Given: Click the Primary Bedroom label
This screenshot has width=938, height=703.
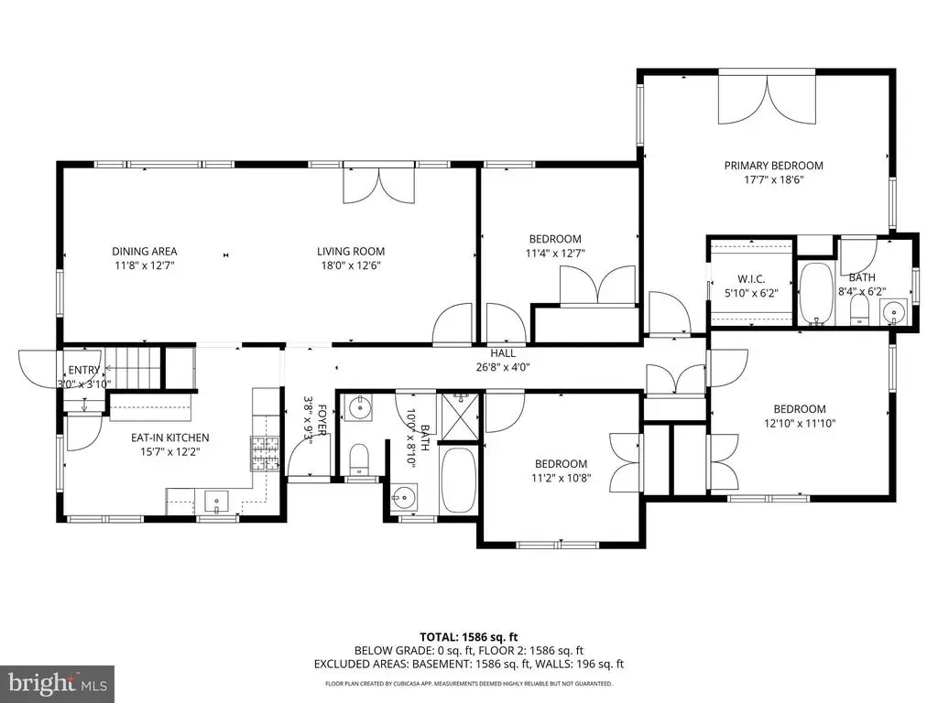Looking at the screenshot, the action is (773, 166).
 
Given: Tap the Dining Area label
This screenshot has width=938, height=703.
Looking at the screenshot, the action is (145, 252).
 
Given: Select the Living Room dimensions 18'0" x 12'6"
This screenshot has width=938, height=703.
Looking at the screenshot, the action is (351, 265).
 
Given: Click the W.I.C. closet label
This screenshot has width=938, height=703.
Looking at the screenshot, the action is (751, 279).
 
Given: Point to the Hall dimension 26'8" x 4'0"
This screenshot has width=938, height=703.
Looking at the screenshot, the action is (503, 367).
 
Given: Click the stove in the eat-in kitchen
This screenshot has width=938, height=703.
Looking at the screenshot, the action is (265, 453).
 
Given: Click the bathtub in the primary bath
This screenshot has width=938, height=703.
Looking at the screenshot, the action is (816, 294).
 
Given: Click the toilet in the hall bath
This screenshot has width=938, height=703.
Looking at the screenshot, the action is (359, 460).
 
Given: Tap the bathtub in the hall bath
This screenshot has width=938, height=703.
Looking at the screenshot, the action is (458, 480).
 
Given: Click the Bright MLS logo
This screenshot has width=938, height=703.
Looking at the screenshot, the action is (58, 682).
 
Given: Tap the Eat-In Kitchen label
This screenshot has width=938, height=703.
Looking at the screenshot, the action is (169, 438).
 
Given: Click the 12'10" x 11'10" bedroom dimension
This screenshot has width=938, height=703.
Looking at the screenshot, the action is (800, 423).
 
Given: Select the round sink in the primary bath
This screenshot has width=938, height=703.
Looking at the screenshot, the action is (894, 311).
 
